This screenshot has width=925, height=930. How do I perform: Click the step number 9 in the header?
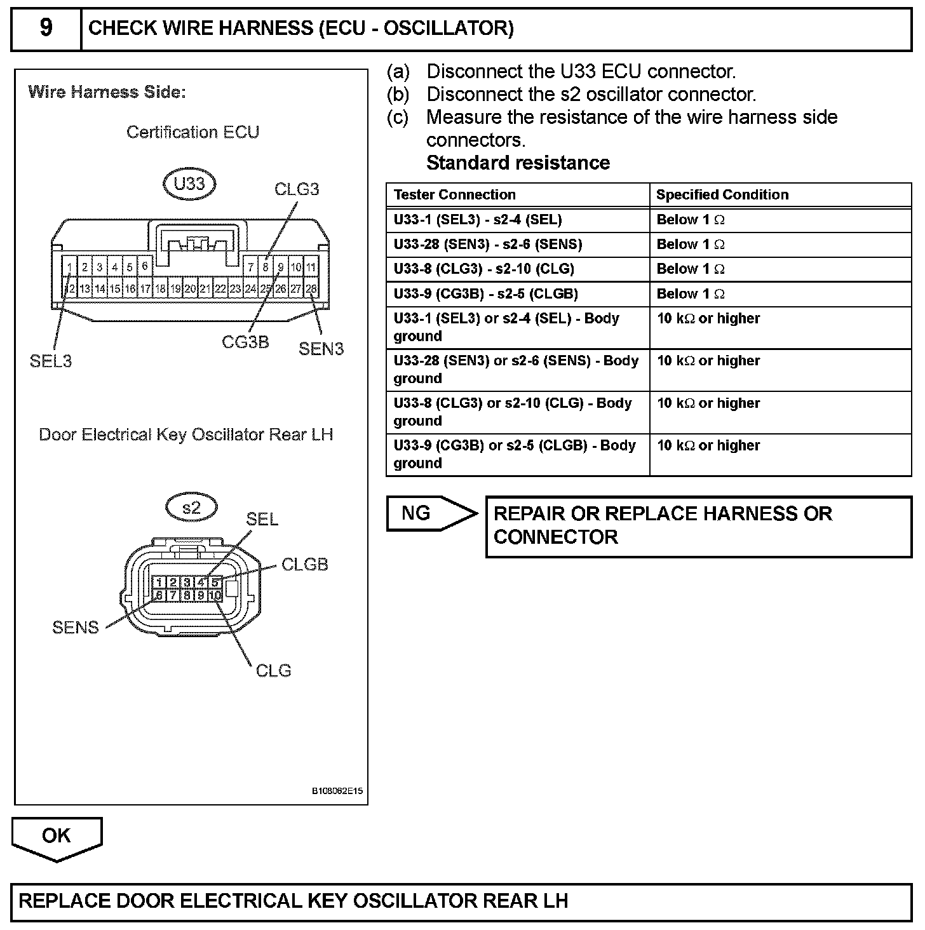(x=46, y=29)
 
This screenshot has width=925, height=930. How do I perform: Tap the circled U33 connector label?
(x=189, y=184)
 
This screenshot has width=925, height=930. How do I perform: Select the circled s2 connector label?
(x=191, y=508)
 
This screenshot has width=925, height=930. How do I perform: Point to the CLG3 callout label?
(x=296, y=189)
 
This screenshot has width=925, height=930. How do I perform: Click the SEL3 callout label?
(x=51, y=361)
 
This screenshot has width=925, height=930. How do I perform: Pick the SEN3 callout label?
(x=321, y=349)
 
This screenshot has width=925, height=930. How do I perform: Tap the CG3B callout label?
(x=245, y=342)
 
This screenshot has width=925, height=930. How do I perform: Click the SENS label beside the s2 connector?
(x=76, y=628)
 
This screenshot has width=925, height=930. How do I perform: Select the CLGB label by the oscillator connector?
(x=304, y=564)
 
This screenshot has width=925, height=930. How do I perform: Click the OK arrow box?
(x=57, y=836)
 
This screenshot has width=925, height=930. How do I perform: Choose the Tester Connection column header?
(x=454, y=194)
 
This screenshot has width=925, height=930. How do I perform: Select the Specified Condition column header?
(x=722, y=194)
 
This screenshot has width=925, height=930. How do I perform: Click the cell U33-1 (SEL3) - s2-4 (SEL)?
(x=478, y=220)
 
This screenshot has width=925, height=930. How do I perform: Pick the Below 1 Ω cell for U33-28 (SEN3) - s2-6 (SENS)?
(x=691, y=245)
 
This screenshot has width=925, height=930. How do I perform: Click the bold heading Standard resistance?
(x=518, y=163)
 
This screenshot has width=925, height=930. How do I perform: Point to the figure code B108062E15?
(x=337, y=791)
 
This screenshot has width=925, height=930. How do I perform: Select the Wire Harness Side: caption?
(x=107, y=92)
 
